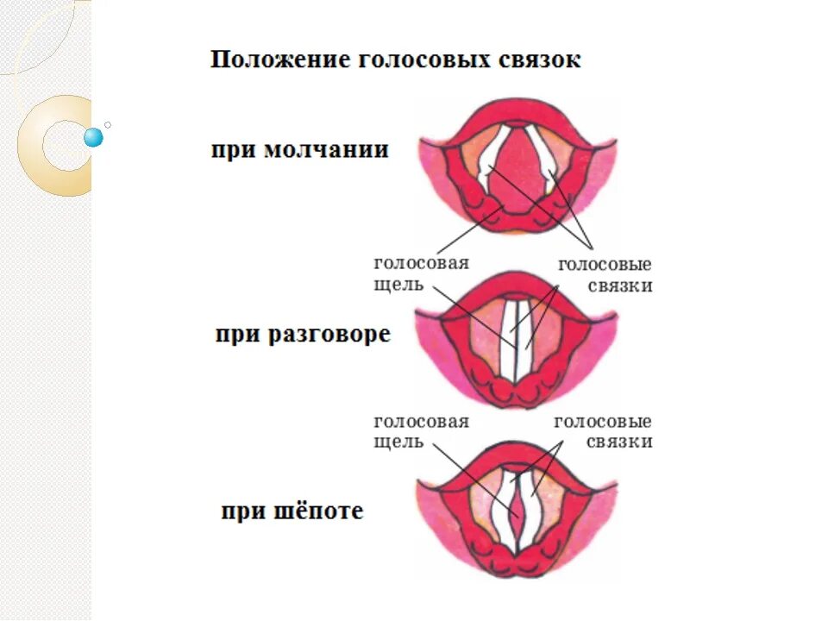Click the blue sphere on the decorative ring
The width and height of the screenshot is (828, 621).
click(93, 137)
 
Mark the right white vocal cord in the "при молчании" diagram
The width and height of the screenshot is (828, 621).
click(547, 160)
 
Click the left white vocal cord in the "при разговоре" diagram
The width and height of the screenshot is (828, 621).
click(506, 341)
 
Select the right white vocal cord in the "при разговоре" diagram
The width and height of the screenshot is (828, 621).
click(525, 341)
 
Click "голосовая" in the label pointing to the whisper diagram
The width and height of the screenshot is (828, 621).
click(421, 422)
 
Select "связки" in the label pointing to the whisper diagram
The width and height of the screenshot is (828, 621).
click(618, 442)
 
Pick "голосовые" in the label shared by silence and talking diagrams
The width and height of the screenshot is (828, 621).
click(605, 265)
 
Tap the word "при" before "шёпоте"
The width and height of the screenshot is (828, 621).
click(239, 511)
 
